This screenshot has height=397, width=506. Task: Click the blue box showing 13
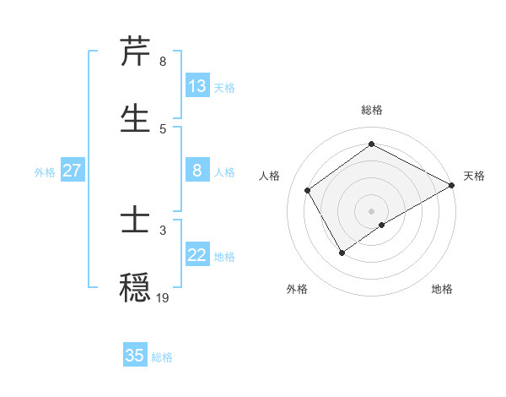pyautogui.click(x=197, y=86)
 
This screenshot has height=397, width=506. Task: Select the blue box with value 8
pyautogui.click(x=197, y=171)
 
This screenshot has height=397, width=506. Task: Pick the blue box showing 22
pyautogui.click(x=197, y=255)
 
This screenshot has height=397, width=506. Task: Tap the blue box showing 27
pyautogui.click(x=72, y=171)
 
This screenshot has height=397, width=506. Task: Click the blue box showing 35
pyautogui.click(x=135, y=356)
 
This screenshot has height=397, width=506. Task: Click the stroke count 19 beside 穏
pyautogui.click(x=163, y=298)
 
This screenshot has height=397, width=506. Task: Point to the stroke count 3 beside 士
pyautogui.click(x=163, y=230)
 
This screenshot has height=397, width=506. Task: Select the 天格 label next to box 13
pyautogui.click(x=224, y=88)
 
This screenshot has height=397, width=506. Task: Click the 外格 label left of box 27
pyautogui.click(x=45, y=172)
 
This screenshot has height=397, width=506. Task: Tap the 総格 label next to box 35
pyautogui.click(x=162, y=357)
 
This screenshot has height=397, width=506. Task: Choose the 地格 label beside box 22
pyautogui.click(x=224, y=257)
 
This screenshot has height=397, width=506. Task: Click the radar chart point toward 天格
pyautogui.click(x=451, y=186)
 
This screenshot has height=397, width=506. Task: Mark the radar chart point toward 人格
pyautogui.click(x=308, y=190)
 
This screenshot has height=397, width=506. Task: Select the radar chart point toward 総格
pyautogui.click(x=371, y=144)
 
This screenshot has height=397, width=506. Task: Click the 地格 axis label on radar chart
pyautogui.click(x=442, y=289)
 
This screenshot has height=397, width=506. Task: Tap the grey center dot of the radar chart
pyautogui.click(x=371, y=210)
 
